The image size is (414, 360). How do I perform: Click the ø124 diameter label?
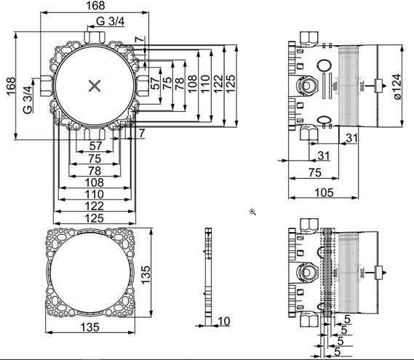[397, 87]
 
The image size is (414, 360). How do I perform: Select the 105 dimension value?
[324, 193]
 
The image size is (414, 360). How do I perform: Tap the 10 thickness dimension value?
[224, 321]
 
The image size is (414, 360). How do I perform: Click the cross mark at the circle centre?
[95, 86]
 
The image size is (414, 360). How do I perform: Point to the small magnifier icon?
[252, 212]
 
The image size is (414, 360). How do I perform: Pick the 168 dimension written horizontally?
[95, 6]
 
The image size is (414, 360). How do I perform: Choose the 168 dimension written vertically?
[11, 87]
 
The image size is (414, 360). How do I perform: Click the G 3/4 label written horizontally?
[110, 21]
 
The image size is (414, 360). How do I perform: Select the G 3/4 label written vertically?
[28, 100]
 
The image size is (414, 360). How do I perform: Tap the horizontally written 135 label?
[90, 327]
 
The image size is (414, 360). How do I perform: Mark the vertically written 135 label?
[146, 275]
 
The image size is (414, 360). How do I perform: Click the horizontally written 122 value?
[95, 206]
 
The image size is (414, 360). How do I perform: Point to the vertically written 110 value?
[205, 84]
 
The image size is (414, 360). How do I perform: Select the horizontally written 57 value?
[95, 145]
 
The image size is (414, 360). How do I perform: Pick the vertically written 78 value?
[180, 84]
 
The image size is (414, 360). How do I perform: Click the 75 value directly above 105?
[315, 173]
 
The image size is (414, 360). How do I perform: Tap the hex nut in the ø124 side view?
[306, 87]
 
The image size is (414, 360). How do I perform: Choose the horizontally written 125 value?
[95, 218]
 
